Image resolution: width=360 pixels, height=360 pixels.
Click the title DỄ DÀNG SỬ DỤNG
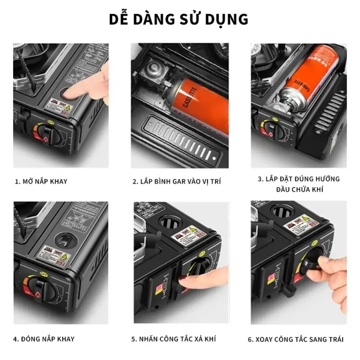(x=179, y=19)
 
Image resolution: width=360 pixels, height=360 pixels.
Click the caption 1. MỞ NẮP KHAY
(x=41, y=181)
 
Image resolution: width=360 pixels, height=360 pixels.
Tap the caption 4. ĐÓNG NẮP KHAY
(x=44, y=338)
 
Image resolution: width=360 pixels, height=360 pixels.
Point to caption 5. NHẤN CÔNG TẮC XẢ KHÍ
(x=174, y=338)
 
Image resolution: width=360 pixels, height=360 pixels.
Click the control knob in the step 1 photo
(x=45, y=134)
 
